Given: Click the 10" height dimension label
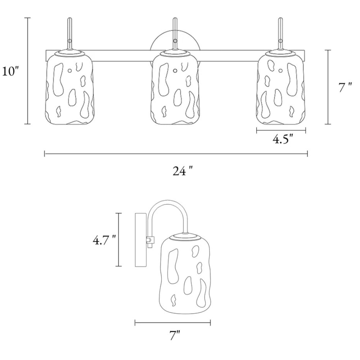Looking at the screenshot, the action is click(x=10, y=71).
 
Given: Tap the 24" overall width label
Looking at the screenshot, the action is click(x=182, y=171).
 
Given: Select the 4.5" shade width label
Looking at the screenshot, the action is click(x=283, y=139).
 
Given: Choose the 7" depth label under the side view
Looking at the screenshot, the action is click(x=175, y=335).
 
